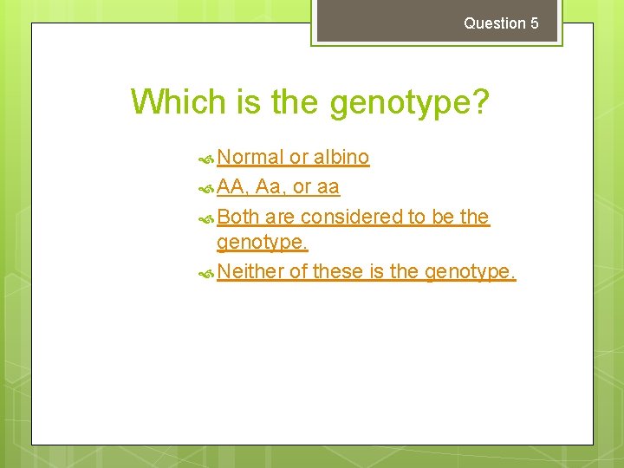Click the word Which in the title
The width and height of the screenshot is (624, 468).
(179, 102)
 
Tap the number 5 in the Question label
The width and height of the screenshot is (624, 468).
(534, 23)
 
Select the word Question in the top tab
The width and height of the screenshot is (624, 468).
(495, 23)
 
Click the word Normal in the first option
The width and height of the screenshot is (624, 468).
(250, 157)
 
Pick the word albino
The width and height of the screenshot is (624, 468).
(341, 157)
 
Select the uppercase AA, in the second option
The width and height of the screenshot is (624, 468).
(234, 186)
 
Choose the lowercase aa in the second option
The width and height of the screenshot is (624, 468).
(328, 187)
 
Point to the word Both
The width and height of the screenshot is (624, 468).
(238, 216)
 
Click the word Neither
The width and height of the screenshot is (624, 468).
(250, 271)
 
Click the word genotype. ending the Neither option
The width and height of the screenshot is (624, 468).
(470, 272)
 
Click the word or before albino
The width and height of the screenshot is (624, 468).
(298, 157)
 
